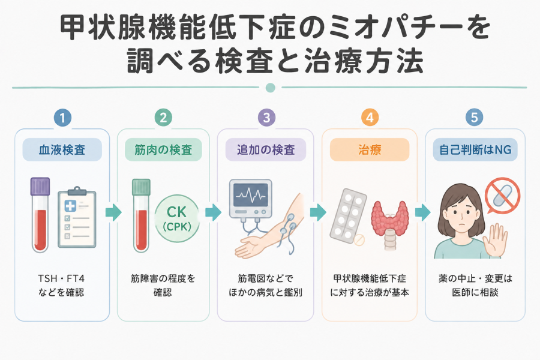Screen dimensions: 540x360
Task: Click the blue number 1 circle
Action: [x=62, y=118]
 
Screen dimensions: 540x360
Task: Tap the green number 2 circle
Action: [x=163, y=118]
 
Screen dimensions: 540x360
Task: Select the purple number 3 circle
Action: [x=266, y=118]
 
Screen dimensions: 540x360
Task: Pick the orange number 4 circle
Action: [x=370, y=118]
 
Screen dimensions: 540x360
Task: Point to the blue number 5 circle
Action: [x=474, y=118]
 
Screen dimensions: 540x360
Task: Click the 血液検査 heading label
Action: [x=62, y=150]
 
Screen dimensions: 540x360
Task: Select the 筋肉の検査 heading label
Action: [x=163, y=150]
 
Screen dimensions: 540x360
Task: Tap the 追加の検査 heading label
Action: [x=266, y=150]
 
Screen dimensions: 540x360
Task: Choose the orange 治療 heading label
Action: [x=370, y=150]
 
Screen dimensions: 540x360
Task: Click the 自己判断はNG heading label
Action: [x=475, y=150]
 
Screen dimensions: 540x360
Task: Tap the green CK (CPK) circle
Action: [x=177, y=218]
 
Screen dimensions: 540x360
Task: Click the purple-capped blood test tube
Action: [x=40, y=215]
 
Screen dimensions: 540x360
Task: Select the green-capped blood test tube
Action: [x=141, y=215]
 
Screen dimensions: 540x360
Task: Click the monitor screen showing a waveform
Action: [x=250, y=195]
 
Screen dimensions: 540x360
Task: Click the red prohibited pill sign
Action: [x=502, y=196]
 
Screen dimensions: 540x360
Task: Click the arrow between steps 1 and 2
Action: [x=113, y=212]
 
